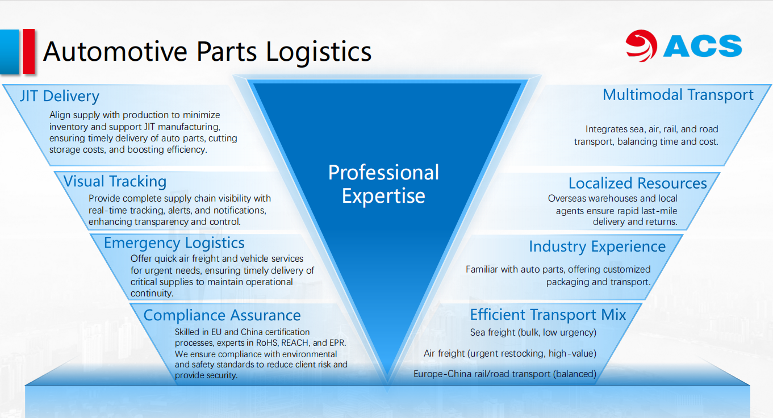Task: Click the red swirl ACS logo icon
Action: pyautogui.click(x=642, y=45)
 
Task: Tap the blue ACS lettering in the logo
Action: pyautogui.click(x=702, y=46)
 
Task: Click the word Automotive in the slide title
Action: pyautogui.click(x=115, y=52)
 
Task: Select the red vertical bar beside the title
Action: pyautogui.click(x=28, y=52)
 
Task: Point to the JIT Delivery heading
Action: pyautogui.click(x=60, y=96)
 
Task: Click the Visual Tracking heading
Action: pyautogui.click(x=115, y=181)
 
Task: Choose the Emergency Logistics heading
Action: pyautogui.click(x=174, y=243)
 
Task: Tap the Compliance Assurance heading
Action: pyautogui.click(x=222, y=315)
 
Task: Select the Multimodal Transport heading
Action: pyautogui.click(x=678, y=95)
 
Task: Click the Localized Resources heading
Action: pyautogui.click(x=638, y=183)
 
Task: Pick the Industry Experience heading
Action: pyautogui.click(x=597, y=247)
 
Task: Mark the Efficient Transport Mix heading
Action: pyautogui.click(x=548, y=315)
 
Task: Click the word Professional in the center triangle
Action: pyautogui.click(x=383, y=173)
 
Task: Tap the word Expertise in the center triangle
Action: pyautogui.click(x=383, y=197)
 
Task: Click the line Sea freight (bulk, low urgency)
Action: pyautogui.click(x=533, y=332)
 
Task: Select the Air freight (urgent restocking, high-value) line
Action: pyautogui.click(x=510, y=353)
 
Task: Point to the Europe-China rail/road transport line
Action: pyautogui.click(x=505, y=374)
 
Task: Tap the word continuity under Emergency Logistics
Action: pyautogui.click(x=152, y=294)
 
